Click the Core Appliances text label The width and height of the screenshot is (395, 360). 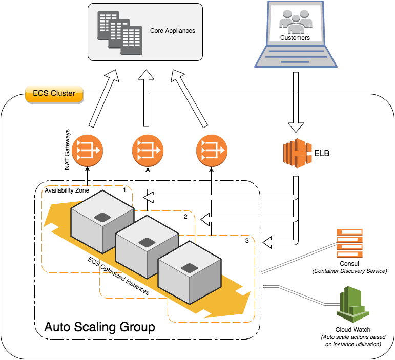[x=172, y=31]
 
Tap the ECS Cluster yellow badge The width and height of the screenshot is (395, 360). [x=54, y=93]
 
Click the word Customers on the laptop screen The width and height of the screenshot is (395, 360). [x=295, y=38]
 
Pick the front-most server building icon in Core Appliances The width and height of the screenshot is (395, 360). [x=131, y=41]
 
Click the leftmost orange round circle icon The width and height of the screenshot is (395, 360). [x=87, y=151]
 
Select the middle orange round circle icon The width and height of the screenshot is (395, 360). [x=148, y=151]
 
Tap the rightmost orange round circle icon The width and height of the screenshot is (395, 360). [x=212, y=151]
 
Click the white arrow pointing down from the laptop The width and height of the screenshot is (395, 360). [x=296, y=102]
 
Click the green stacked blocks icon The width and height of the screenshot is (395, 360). [x=353, y=305]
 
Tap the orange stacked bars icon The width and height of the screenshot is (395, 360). [x=349, y=243]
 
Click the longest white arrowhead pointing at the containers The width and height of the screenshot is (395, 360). [x=151, y=197]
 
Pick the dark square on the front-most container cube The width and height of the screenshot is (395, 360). [x=190, y=268]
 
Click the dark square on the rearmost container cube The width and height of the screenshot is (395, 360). [x=102, y=217]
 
